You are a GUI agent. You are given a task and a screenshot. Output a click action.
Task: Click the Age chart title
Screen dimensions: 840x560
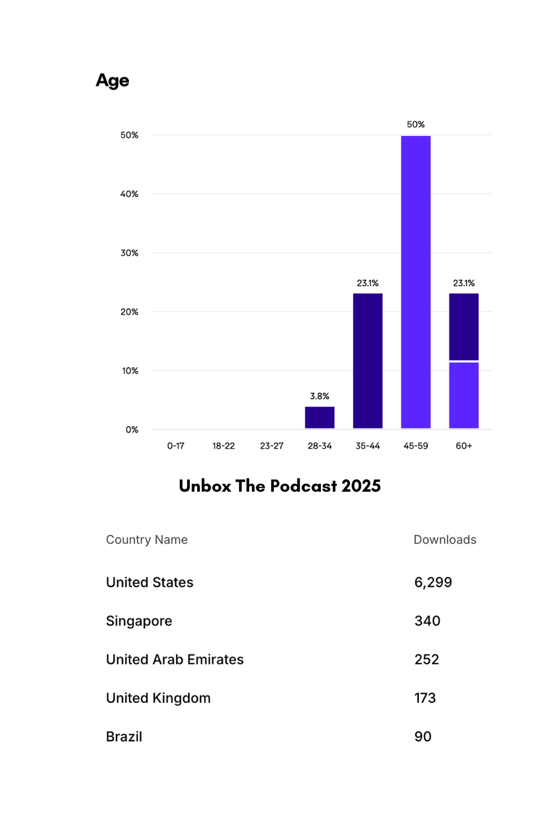[113, 81]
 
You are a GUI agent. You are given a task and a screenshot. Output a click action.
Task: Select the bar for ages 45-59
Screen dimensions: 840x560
[416, 282]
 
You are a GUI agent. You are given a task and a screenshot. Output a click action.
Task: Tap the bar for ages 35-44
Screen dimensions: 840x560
[367, 361]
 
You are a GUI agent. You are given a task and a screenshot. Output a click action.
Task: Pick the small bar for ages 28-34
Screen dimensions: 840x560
[319, 417]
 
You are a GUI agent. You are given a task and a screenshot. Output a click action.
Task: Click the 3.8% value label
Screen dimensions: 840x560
[319, 396]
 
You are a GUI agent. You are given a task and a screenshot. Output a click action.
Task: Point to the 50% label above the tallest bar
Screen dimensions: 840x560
[416, 124]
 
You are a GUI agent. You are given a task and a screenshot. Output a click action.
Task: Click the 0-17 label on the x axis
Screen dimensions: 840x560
[175, 446]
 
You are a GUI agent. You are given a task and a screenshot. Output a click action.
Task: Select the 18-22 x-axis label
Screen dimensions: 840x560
[223, 446]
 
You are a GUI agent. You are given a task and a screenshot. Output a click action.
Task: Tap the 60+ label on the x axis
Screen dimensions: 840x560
[464, 446]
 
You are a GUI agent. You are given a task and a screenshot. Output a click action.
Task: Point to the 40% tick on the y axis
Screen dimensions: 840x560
[129, 194]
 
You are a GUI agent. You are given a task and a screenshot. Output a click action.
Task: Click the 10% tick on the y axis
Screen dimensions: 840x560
[130, 371]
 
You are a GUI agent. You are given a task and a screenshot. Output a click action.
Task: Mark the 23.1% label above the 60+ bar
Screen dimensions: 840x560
[464, 283]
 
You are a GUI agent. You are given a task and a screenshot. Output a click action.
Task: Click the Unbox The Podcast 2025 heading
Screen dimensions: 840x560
[279, 486]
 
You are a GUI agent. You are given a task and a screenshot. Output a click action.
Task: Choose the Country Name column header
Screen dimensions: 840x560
[147, 540]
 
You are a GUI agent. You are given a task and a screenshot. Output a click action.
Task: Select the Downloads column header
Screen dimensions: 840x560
[445, 540]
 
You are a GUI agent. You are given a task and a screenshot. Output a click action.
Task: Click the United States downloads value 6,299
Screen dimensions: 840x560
[433, 582]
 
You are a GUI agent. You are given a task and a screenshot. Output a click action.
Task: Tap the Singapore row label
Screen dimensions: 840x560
[139, 621]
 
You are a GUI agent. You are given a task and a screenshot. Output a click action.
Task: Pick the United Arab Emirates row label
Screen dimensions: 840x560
[175, 660]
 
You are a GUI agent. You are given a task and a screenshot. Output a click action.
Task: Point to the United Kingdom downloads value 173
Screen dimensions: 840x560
[425, 698]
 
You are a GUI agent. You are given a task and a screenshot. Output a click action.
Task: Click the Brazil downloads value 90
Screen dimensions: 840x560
[423, 737]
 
